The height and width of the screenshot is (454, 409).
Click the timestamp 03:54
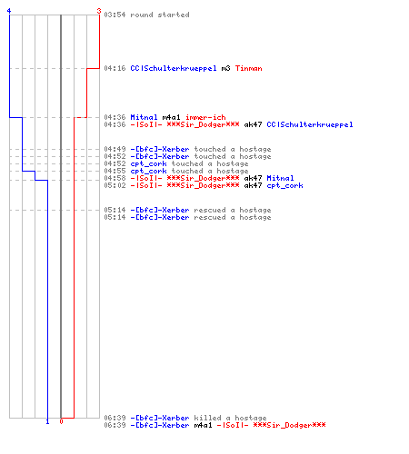(115, 15)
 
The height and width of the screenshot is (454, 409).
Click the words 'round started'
(160, 15)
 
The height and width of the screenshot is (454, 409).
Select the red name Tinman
(248, 68)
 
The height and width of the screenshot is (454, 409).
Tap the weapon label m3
(225, 68)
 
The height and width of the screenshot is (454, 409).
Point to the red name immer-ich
(205, 117)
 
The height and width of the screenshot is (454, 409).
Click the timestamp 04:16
(115, 68)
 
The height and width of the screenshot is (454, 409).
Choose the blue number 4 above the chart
(9, 11)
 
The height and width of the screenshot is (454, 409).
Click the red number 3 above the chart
(99, 11)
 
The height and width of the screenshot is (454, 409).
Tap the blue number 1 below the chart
(47, 421)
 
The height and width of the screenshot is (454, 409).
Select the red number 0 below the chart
(61, 421)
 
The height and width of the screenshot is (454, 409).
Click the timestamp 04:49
(115, 149)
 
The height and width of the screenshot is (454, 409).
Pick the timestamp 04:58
(115, 178)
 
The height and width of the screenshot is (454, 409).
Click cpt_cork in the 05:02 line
(284, 185)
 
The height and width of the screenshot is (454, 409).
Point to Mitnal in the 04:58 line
(280, 178)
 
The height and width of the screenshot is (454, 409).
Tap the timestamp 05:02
(115, 185)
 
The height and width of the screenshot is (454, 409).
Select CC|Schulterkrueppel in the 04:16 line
(174, 68)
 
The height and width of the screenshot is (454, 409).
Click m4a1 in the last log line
(203, 425)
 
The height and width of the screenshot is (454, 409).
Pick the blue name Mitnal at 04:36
(144, 117)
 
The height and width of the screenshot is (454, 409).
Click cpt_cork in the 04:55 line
(148, 171)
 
